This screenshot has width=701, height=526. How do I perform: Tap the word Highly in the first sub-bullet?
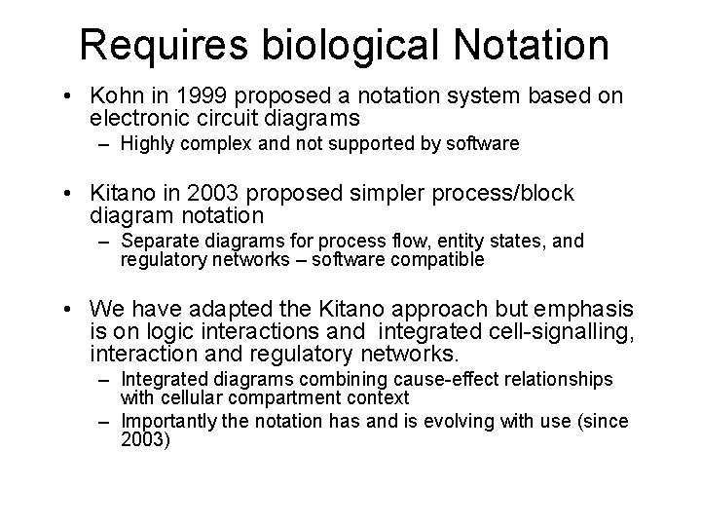146,144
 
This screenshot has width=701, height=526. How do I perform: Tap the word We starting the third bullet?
108,310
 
